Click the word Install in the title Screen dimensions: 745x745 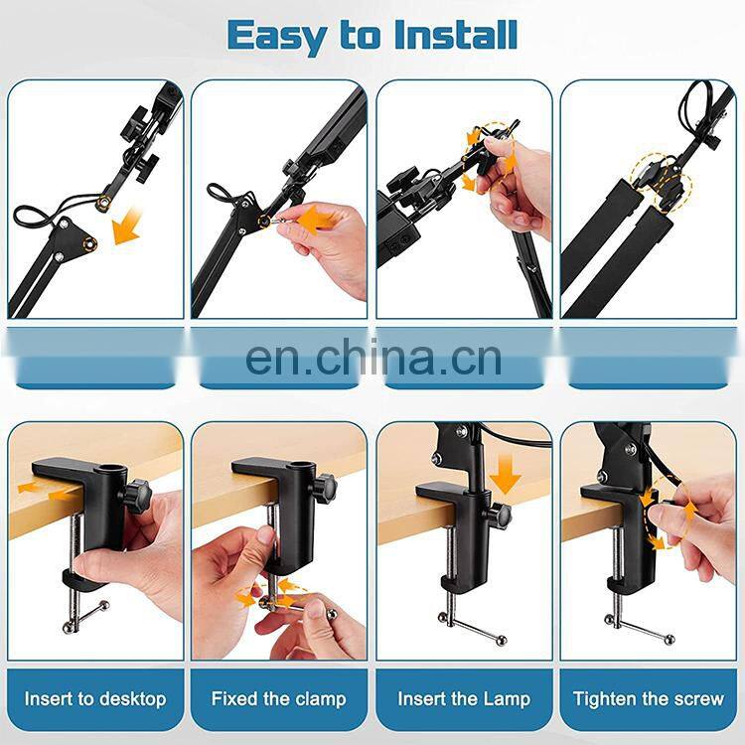click(x=456, y=34)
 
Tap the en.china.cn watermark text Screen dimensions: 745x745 click(x=373, y=357)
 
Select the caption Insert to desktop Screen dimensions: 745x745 click(x=95, y=699)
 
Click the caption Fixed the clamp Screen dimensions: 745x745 click(x=279, y=699)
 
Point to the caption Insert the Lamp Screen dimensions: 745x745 click(x=464, y=699)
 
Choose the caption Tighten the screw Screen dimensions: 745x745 click(x=648, y=699)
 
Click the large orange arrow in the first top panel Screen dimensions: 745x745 click(x=127, y=226)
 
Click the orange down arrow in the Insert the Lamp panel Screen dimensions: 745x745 click(x=505, y=474)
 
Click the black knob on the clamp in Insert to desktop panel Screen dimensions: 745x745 click(x=136, y=497)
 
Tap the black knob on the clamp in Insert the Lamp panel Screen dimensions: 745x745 click(x=498, y=516)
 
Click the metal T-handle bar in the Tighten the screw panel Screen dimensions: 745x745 click(x=640, y=628)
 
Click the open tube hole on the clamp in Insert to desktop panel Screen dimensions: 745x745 click(x=110, y=471)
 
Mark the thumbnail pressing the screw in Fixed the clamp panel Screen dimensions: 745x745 click(x=266, y=534)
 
